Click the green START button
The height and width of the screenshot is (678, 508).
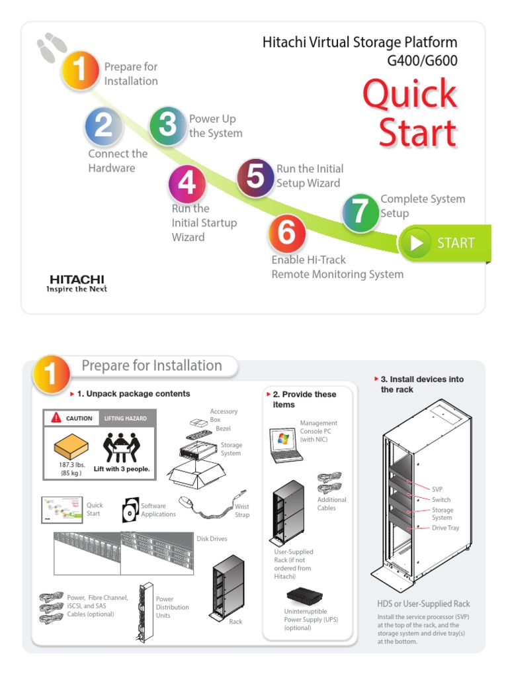[x=445, y=243]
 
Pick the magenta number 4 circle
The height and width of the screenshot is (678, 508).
[x=187, y=183]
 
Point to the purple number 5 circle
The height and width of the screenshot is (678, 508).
[x=256, y=177]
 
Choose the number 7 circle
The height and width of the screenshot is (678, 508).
[x=360, y=213]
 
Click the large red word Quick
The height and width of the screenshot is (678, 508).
[x=409, y=94]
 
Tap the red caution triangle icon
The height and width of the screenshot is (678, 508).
[x=56, y=418]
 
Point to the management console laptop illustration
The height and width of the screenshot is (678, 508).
[x=285, y=444]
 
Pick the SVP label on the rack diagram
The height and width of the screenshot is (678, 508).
[x=438, y=489]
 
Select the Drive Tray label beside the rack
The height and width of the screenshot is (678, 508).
[x=445, y=528]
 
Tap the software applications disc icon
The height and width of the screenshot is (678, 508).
[x=130, y=510]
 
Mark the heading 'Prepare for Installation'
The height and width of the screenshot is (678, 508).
[x=151, y=365]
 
